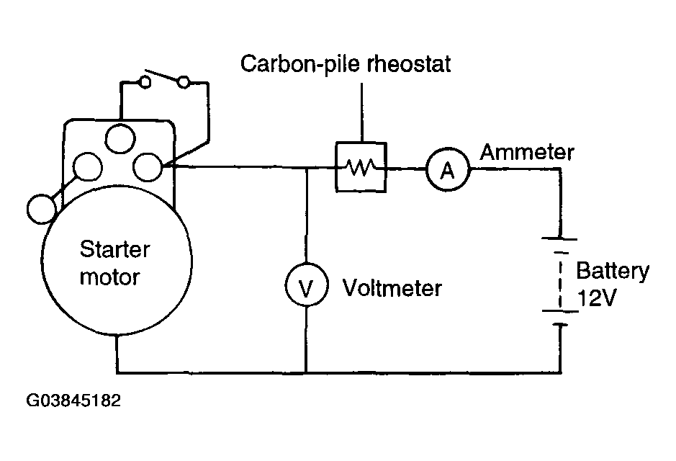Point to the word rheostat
point(408,64)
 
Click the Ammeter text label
point(527,152)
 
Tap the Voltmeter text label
point(392,287)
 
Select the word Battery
point(612,272)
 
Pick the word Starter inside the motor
point(114,249)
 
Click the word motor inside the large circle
point(110,277)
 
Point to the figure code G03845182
point(73,400)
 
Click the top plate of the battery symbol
point(559,238)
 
